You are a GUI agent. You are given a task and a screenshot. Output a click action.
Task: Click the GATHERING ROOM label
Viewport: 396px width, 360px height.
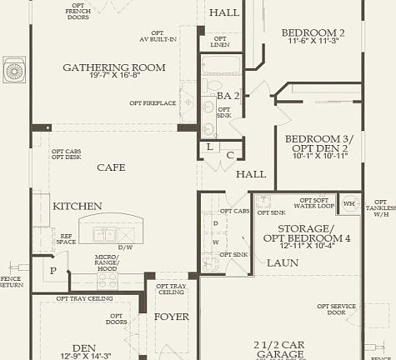click(x=107, y=67)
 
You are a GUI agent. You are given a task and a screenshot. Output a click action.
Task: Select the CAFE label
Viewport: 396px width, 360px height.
click(x=111, y=167)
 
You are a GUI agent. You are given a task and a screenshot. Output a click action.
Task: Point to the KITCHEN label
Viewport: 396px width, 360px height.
click(x=78, y=206)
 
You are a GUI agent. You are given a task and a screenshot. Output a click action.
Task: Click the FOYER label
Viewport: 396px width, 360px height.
click(x=171, y=317)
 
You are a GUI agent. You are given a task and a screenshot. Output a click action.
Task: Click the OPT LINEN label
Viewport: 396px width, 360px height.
click(x=221, y=42)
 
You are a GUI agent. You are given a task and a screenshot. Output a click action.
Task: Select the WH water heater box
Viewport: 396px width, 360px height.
click(x=349, y=203)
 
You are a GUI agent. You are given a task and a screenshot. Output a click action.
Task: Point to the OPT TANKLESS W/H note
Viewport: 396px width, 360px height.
click(x=381, y=207)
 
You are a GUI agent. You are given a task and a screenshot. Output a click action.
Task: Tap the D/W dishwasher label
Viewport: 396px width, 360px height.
click(x=125, y=247)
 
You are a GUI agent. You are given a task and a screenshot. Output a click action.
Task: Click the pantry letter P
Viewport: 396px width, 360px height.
click(x=53, y=271)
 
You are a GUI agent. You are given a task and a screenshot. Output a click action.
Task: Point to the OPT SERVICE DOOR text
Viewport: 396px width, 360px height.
click(x=336, y=310)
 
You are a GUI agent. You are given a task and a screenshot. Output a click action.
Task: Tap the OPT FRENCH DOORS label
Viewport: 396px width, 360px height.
click(x=78, y=12)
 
